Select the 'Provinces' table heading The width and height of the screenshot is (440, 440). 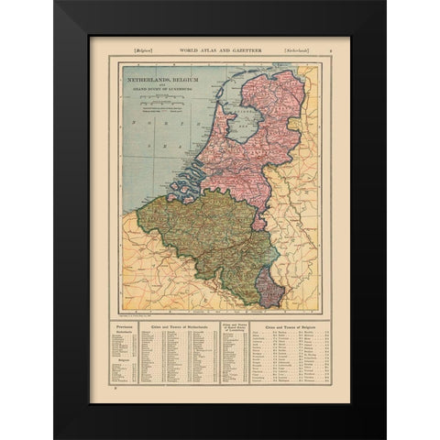(122, 325)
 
